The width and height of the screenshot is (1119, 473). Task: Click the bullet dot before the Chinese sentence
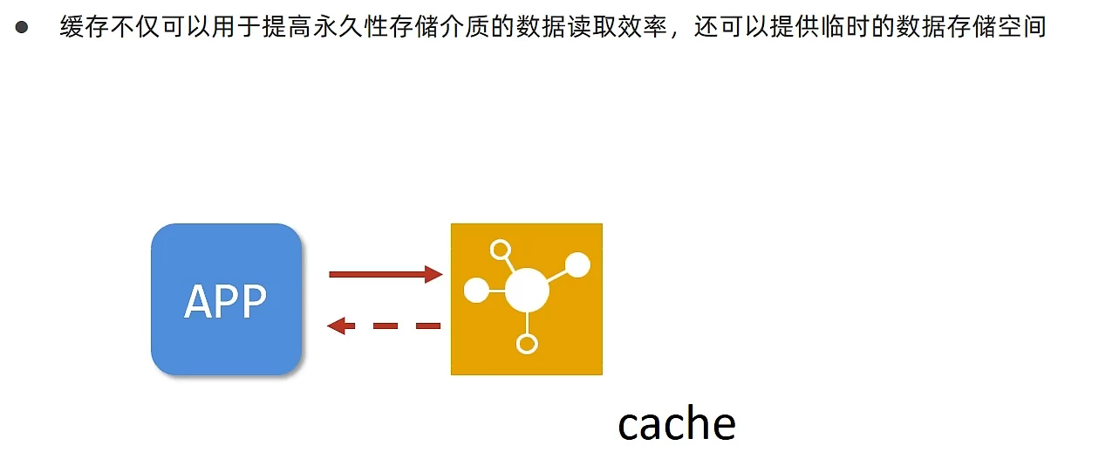coord(22,27)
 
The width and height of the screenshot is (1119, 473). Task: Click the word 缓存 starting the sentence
coord(85,26)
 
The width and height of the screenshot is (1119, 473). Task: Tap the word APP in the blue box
coord(225,301)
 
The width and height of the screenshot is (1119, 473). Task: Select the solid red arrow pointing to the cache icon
coord(386,274)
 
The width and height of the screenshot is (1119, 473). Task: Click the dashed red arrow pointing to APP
coord(384,326)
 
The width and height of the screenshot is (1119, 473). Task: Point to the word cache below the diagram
coord(677,424)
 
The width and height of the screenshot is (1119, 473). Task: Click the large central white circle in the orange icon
coord(527,290)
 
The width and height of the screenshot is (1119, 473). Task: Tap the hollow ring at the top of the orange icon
coord(501,250)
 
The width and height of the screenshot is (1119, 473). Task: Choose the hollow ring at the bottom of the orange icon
coord(527,344)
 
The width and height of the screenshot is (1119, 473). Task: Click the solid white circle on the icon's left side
coord(476,291)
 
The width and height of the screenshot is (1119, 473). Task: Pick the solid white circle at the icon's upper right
coord(577,264)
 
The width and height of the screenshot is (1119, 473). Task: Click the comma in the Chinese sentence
coord(675,34)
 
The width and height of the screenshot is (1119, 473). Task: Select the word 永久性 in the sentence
coord(351,26)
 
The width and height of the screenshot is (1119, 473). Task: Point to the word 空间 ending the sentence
coord(1022,26)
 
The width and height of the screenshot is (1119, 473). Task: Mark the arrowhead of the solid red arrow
coord(433,274)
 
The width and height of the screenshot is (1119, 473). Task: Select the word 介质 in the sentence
coord(465,26)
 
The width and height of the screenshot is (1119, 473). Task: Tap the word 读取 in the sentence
coord(591,26)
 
